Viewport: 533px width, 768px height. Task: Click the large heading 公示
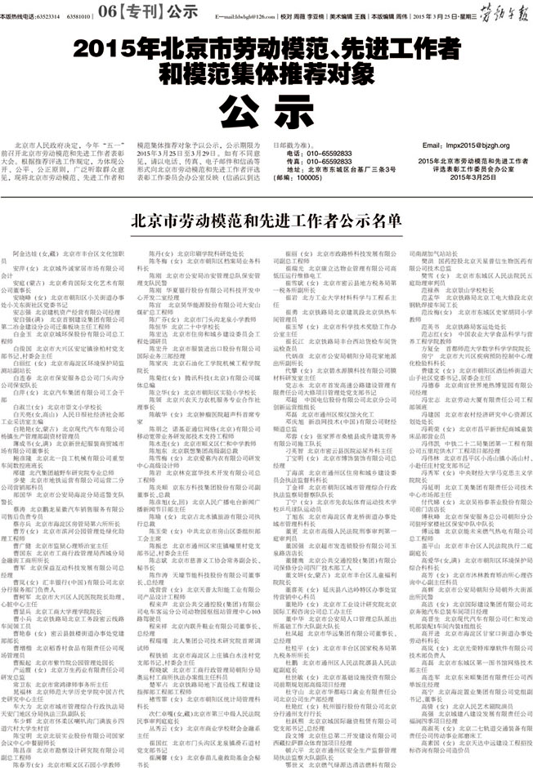(266, 107)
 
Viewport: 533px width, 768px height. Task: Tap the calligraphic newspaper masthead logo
(499, 11)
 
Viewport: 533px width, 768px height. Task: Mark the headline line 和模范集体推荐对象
(266, 72)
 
